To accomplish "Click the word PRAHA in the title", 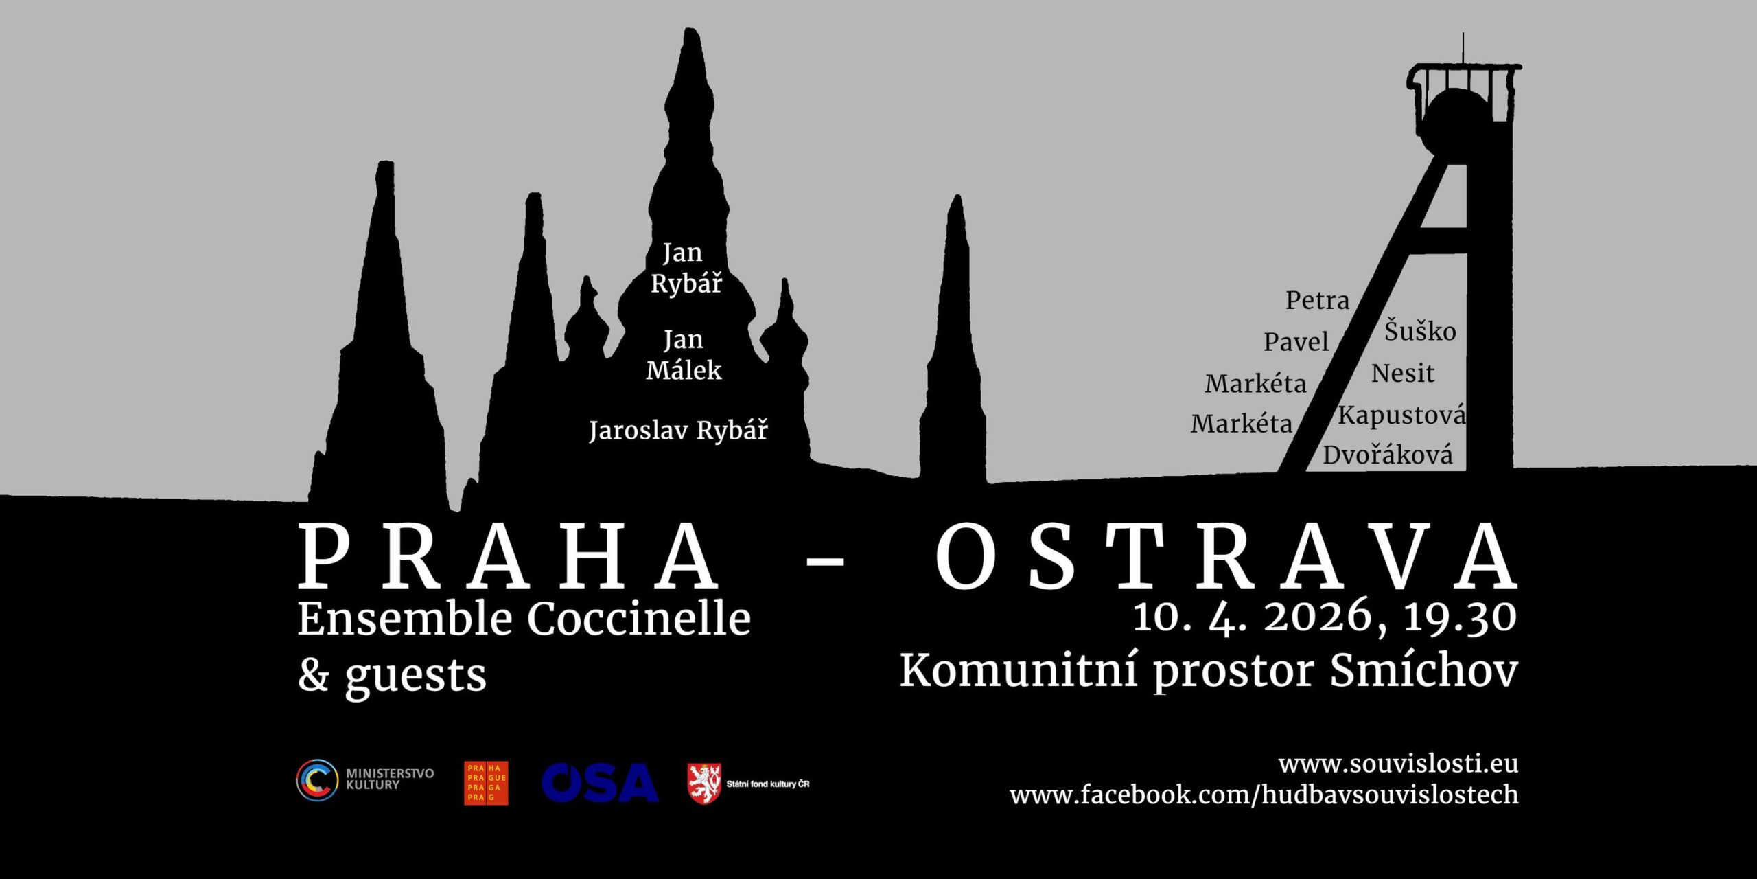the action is (508, 556).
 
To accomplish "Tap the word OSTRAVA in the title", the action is (1227, 556).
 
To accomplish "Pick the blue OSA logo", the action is (599, 782).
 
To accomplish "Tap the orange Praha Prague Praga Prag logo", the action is (486, 783).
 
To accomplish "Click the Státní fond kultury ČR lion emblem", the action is (704, 783).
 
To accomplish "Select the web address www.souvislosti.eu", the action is (1398, 764).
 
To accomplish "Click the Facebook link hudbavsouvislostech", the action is (1264, 795).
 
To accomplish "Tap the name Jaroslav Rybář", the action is (678, 431).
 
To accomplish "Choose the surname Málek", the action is (684, 370).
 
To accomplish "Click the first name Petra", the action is (1317, 300).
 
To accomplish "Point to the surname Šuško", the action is (1420, 330).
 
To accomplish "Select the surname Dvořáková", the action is (1388, 455).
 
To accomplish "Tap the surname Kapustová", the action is (1401, 415).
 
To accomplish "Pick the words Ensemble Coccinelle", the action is (524, 619).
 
